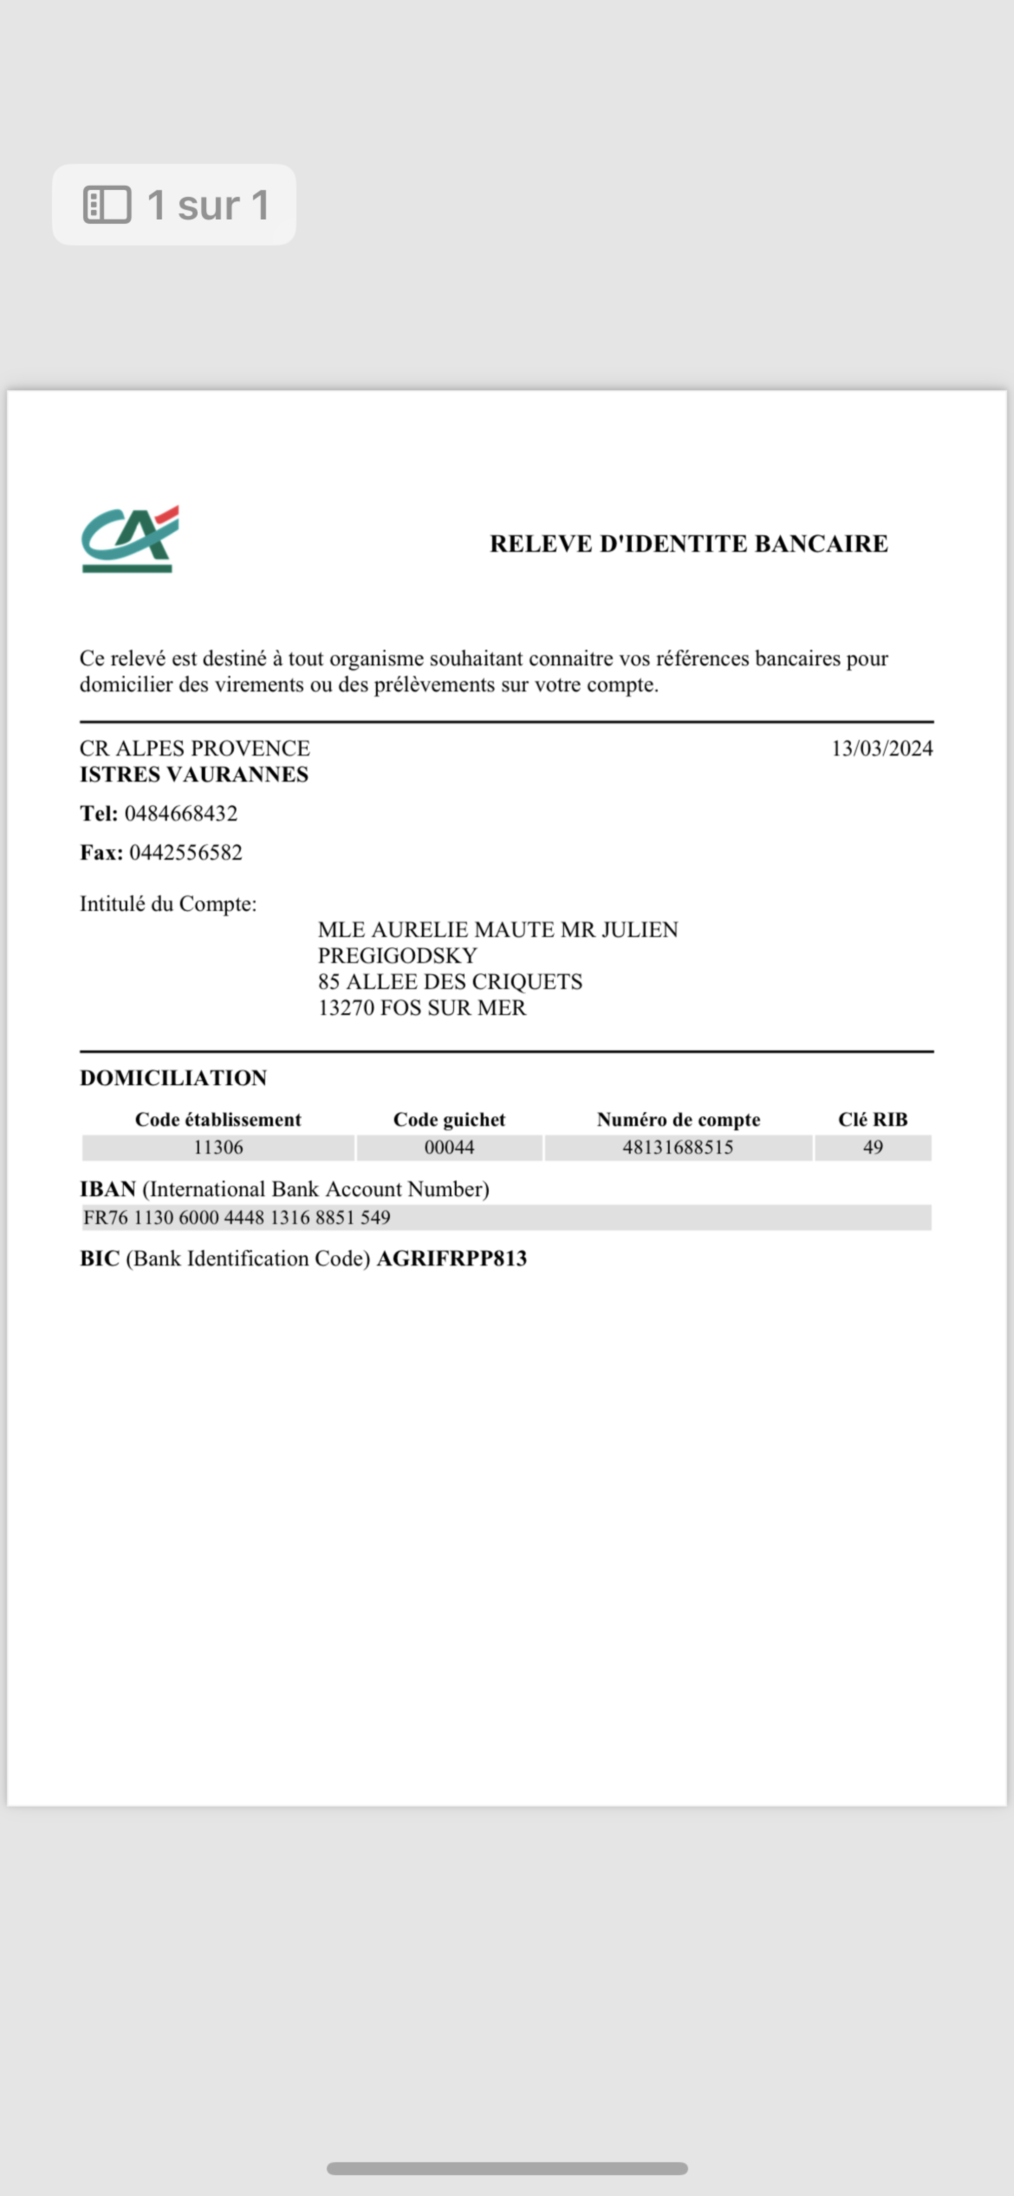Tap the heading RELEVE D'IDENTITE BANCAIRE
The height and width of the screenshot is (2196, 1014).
click(x=689, y=544)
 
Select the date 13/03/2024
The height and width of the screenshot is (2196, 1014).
click(x=882, y=748)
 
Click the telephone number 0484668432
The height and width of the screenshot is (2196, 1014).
click(x=180, y=813)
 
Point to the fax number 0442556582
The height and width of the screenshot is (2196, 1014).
click(x=186, y=852)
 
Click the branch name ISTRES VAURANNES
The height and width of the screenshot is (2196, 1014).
click(x=194, y=774)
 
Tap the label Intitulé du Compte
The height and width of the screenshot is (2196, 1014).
click(x=168, y=904)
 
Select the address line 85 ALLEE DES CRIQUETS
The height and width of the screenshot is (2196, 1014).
click(x=450, y=981)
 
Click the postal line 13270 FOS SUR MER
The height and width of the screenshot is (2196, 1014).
click(x=422, y=1008)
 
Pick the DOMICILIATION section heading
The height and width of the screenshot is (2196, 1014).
click(x=173, y=1078)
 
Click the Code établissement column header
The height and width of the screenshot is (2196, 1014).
click(x=218, y=1119)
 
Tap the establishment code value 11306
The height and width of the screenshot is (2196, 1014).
click(x=218, y=1147)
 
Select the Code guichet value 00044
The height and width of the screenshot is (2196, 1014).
click(x=449, y=1147)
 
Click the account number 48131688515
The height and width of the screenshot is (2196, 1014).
click(x=677, y=1147)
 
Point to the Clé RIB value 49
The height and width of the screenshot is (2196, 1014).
click(x=873, y=1147)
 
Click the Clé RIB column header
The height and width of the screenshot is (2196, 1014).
click(x=873, y=1119)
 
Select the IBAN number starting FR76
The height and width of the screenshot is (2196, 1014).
click(x=237, y=1217)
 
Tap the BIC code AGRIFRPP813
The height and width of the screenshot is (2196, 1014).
click(x=452, y=1258)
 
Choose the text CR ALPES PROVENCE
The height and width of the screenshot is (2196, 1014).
click(x=194, y=748)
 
